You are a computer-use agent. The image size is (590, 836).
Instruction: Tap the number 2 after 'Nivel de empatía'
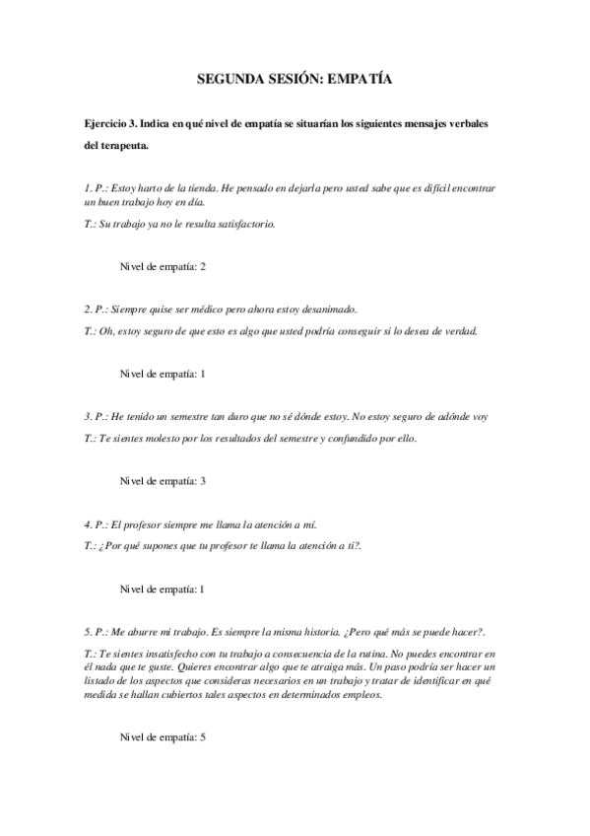tap(202, 266)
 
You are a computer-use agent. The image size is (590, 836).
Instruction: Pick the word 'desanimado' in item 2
tap(328, 309)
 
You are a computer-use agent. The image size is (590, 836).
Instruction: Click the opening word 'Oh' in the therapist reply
tap(106, 331)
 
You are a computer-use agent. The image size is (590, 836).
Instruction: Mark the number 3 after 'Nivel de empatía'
tap(202, 481)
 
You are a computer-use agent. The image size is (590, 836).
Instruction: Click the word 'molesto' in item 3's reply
tap(169, 439)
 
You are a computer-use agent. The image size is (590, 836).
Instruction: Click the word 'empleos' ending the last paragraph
tap(355, 694)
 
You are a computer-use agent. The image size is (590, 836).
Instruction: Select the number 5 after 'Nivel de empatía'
tap(202, 736)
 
